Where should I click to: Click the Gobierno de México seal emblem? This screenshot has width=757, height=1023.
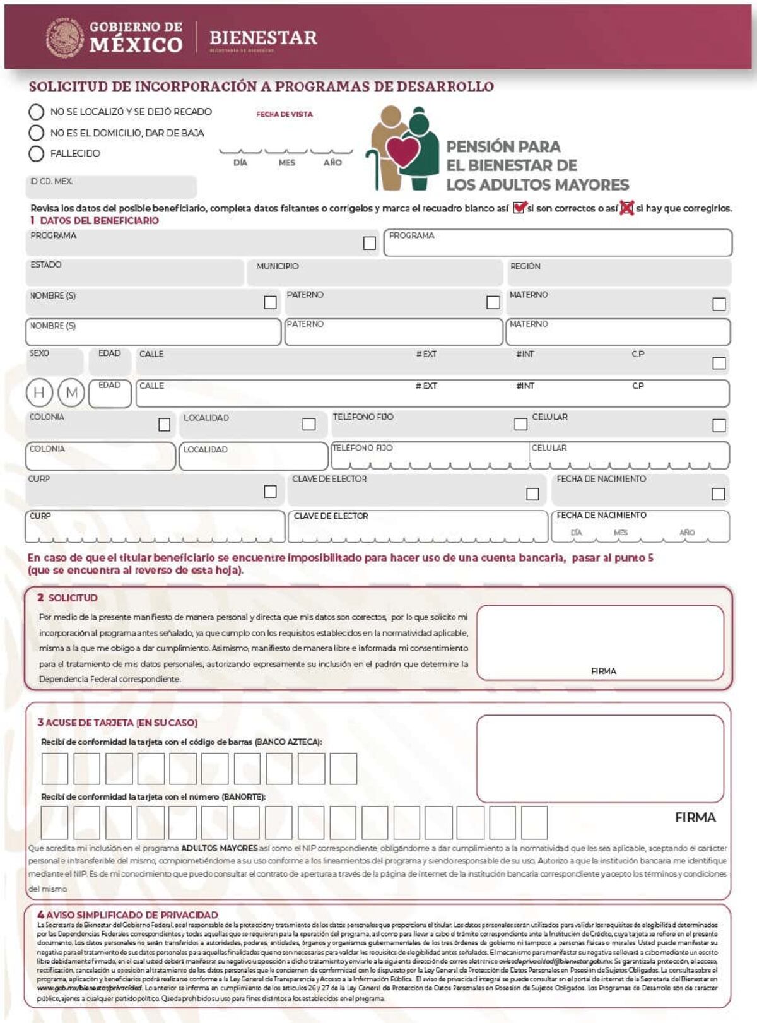coord(65,38)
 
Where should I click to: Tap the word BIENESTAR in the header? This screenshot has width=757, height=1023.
coord(263,38)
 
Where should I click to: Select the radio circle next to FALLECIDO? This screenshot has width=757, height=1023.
coord(37,153)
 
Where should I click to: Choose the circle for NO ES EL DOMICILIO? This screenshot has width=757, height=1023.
coord(37,133)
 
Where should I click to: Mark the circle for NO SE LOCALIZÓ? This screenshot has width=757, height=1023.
coord(37,112)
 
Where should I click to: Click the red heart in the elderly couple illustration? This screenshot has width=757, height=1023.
coord(402,152)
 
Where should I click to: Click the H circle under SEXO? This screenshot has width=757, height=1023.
coord(39,393)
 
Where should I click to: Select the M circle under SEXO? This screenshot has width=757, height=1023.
coord(71,393)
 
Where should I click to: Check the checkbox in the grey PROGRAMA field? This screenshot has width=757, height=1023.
coord(370,243)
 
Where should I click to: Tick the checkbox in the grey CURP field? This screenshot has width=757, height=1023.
coord(270,491)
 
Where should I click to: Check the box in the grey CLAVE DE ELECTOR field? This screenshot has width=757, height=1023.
coord(532,494)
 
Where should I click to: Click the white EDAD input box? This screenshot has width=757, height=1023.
coord(110,394)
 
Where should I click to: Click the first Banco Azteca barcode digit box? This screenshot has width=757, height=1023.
coord(55,769)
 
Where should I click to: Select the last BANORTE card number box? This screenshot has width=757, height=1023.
coord(534,822)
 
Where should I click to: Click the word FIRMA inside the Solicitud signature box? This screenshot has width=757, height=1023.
coord(603,671)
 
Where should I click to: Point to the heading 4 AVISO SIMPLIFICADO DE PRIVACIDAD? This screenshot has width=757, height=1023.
coord(127,914)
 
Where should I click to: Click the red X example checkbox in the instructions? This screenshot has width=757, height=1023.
coord(626,208)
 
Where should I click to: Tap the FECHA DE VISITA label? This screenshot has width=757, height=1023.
coord(285,114)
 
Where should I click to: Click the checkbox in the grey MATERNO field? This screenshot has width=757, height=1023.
coord(719,304)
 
